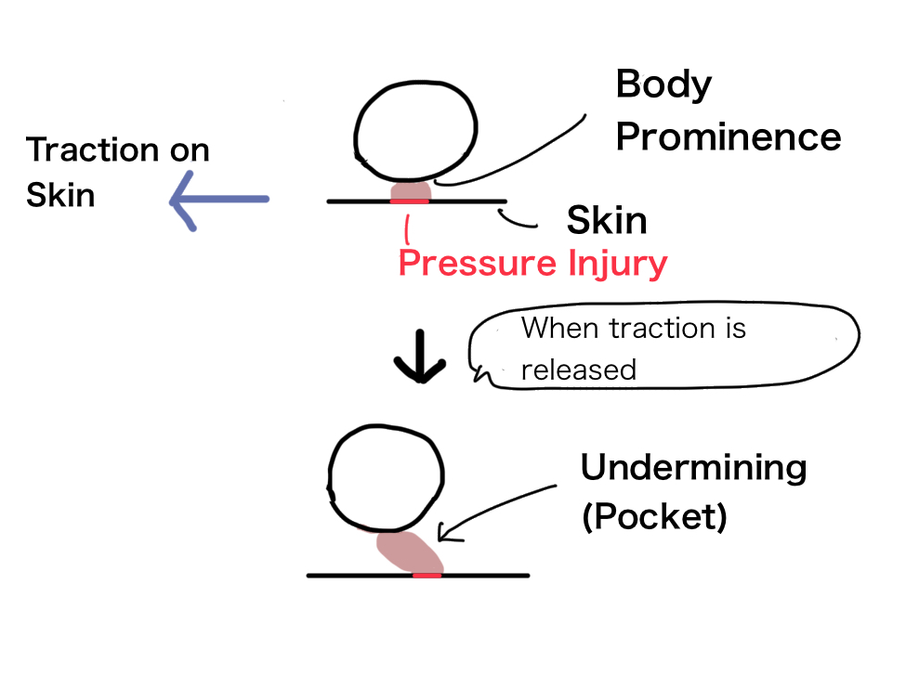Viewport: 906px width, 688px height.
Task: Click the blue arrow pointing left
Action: point(219,200)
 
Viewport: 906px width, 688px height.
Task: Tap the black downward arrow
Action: point(420,357)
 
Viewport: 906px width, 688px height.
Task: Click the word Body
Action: point(663,84)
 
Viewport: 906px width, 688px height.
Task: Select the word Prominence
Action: point(728,137)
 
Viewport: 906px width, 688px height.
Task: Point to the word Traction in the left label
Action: point(92,149)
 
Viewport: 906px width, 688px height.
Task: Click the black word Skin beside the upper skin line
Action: point(607,220)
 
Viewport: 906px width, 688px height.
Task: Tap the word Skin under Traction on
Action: point(60,194)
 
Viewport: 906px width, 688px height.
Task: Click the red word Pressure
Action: point(478,263)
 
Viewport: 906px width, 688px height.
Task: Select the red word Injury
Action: point(618,265)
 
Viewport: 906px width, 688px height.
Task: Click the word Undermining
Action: point(693,467)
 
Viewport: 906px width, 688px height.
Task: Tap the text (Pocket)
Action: point(654,516)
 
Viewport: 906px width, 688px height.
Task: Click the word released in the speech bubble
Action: point(578,370)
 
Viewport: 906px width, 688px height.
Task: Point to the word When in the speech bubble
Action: point(560,328)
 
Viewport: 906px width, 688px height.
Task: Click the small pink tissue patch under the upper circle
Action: point(410,191)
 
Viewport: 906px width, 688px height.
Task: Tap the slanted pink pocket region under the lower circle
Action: point(410,552)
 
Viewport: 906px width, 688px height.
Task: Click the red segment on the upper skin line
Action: point(410,201)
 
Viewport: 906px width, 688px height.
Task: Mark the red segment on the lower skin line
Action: point(427,576)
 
